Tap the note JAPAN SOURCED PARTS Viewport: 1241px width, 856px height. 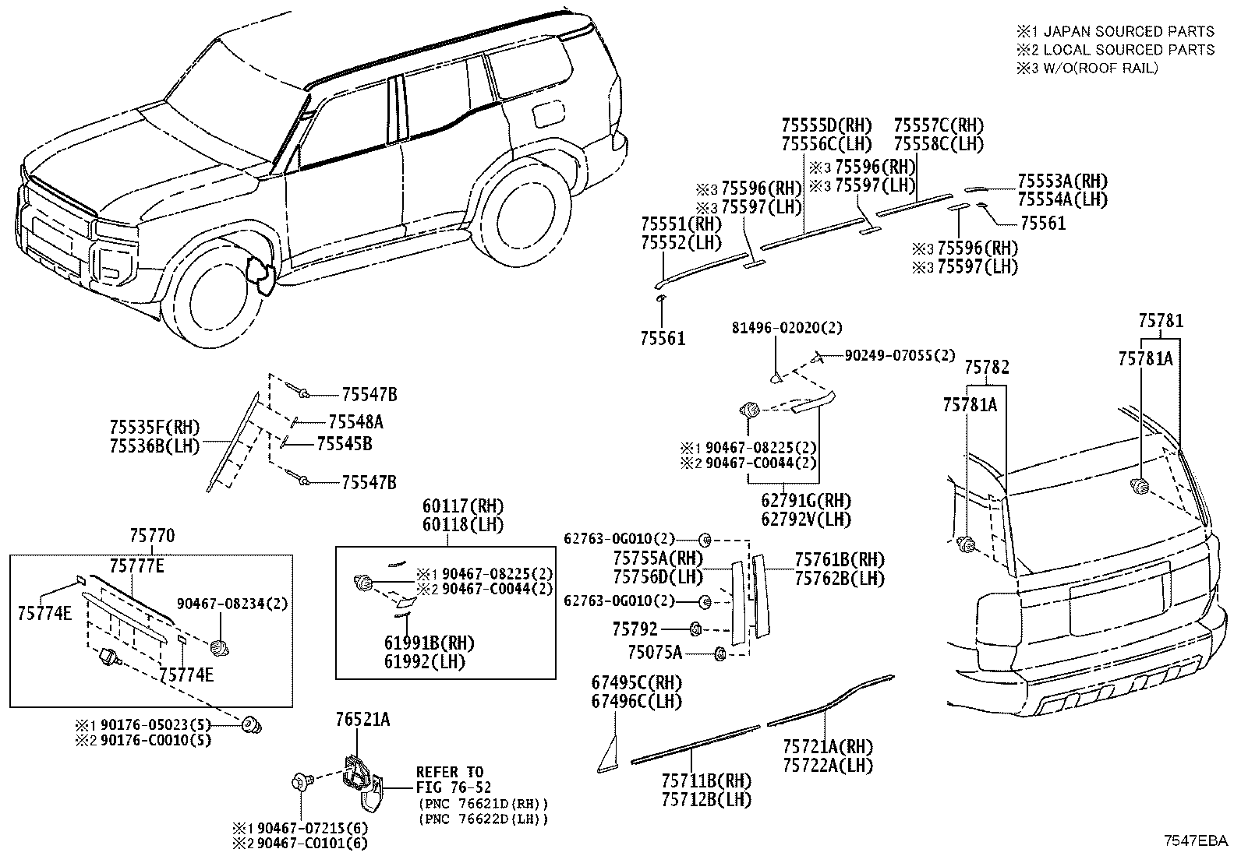[1129, 32]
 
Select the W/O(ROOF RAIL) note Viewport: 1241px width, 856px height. [1101, 68]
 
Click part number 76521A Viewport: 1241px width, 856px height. [363, 719]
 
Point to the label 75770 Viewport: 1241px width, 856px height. [152, 535]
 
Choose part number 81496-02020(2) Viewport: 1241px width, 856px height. [787, 328]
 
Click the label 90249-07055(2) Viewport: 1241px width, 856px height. [900, 355]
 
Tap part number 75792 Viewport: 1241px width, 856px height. [635, 629]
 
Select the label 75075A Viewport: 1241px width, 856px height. [655, 653]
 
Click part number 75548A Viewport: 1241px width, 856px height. [355, 422]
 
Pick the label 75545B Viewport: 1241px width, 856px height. [345, 443]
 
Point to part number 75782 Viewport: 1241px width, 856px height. [987, 367]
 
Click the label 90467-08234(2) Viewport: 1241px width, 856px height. [232, 604]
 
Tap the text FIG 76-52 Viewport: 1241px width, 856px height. [454, 787]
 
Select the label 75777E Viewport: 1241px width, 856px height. [137, 566]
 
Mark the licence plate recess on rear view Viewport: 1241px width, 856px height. [1119, 598]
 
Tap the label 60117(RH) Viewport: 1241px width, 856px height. [463, 506]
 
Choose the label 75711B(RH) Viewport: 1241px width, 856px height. [706, 781]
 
